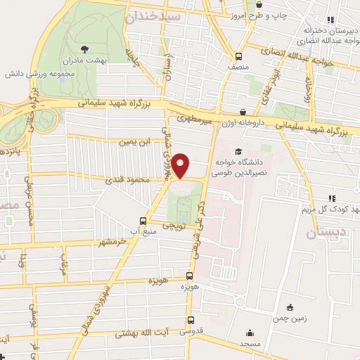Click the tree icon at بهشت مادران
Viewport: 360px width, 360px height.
pos(84,49)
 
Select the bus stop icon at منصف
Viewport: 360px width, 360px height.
pos(238,56)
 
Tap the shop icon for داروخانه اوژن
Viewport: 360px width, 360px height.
pos(243,111)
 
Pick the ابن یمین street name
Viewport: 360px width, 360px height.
pos(134,142)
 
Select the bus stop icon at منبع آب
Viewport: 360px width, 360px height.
pos(143,220)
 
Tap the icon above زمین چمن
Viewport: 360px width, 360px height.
pos(290,307)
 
